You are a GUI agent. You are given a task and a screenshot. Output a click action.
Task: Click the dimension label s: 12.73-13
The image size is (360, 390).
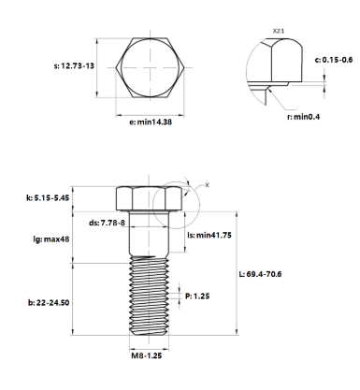point(74,66)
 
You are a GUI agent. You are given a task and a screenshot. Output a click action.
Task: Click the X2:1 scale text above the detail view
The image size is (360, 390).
point(278,31)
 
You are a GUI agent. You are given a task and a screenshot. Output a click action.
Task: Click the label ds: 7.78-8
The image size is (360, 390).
point(106,223)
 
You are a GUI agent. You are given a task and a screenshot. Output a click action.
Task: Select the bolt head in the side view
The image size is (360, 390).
point(150,198)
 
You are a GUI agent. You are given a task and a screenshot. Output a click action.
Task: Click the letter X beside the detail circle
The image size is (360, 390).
point(207,185)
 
